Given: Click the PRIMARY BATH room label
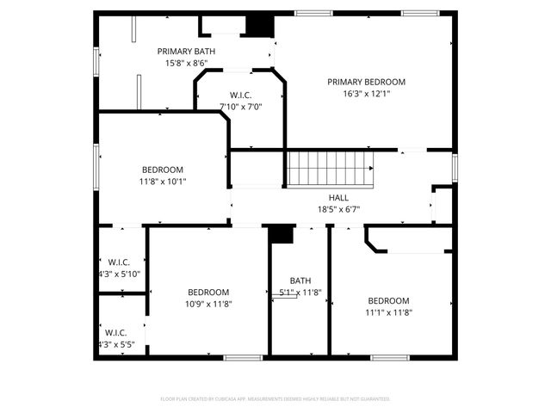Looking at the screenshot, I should click(186, 52).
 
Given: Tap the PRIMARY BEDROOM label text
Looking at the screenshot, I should click(366, 83).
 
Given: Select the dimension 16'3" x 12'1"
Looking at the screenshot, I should click(366, 94).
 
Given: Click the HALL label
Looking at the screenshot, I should click(326, 198).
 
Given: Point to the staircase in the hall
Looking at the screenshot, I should click(331, 167).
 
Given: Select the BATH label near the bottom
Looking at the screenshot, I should click(300, 281).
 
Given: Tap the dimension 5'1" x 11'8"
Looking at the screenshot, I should click(300, 293).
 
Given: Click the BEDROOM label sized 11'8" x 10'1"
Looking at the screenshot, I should click(162, 170).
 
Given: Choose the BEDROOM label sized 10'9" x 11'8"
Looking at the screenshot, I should click(209, 293).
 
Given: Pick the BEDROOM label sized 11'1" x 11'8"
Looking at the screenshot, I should click(388, 301).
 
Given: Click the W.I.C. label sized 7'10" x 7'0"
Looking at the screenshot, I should click(240, 96).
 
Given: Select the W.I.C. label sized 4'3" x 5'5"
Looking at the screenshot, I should click(116, 332).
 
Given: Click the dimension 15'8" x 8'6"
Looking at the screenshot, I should click(186, 63).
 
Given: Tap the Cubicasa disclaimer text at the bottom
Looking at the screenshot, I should click(275, 399).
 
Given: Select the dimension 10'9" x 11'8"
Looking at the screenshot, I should click(209, 304).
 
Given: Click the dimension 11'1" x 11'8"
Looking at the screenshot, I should click(388, 312).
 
